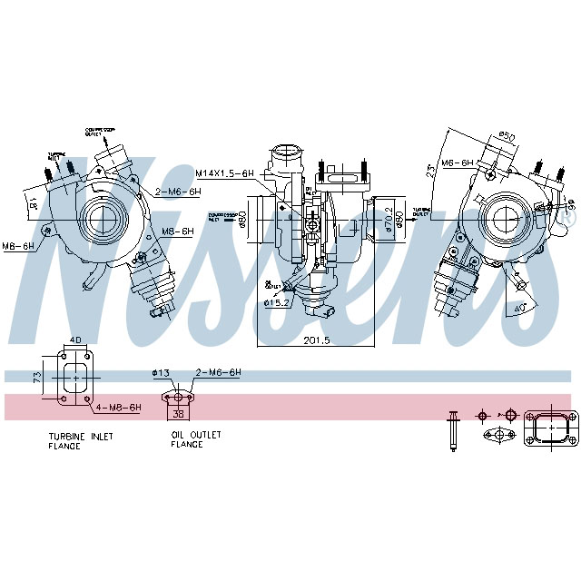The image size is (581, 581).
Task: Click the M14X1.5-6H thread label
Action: coord(225,172)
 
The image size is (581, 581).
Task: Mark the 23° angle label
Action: coord(454,168)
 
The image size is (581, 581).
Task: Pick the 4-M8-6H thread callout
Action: coord(118,408)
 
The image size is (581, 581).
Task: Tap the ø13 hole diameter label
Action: coord(161,372)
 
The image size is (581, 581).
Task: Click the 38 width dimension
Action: coord(178,413)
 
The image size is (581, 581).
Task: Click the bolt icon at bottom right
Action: coord(451,429)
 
